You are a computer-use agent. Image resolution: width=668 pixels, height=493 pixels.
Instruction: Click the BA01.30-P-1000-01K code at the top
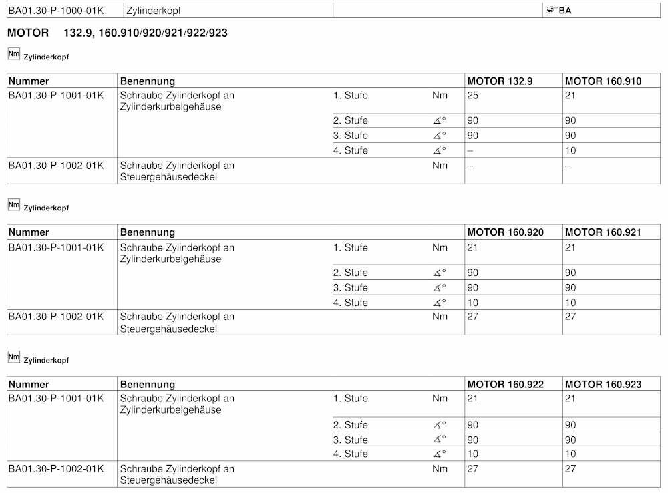(56, 11)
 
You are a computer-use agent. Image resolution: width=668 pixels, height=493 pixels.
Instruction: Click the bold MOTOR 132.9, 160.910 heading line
(117, 33)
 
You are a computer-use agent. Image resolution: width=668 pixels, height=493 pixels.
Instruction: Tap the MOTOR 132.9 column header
(500, 81)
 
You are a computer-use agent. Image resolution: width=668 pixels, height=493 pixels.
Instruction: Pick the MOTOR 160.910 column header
(603, 81)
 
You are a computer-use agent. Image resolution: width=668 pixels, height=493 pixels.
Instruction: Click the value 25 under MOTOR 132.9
(474, 96)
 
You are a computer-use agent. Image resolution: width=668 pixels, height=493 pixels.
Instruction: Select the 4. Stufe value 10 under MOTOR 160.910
(570, 150)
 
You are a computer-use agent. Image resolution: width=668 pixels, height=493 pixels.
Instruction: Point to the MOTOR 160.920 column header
(505, 232)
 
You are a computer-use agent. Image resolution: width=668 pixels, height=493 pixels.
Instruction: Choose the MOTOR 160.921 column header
(603, 232)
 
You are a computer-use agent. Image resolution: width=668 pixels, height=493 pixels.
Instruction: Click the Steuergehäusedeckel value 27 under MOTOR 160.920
(473, 316)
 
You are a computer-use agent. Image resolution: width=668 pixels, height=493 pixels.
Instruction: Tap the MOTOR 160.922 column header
(505, 384)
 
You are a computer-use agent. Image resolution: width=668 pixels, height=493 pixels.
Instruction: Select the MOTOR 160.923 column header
(603, 384)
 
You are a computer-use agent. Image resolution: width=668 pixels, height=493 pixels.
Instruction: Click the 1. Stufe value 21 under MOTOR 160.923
(570, 399)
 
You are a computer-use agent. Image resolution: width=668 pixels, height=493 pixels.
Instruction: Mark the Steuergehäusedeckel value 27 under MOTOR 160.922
(473, 468)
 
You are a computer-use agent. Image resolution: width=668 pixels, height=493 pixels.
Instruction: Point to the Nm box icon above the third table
(13, 357)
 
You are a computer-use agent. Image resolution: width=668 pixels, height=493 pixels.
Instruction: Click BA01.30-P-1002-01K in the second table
(56, 316)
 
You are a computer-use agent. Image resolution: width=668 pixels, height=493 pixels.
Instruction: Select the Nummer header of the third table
(29, 384)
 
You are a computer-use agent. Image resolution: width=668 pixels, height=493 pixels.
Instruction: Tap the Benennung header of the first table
(147, 81)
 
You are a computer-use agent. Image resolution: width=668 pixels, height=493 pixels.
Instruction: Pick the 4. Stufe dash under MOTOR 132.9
(470, 150)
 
